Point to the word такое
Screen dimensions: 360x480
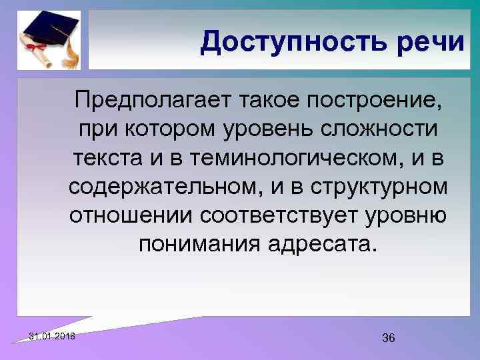click(x=253, y=102)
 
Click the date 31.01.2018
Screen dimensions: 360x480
click(x=53, y=337)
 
